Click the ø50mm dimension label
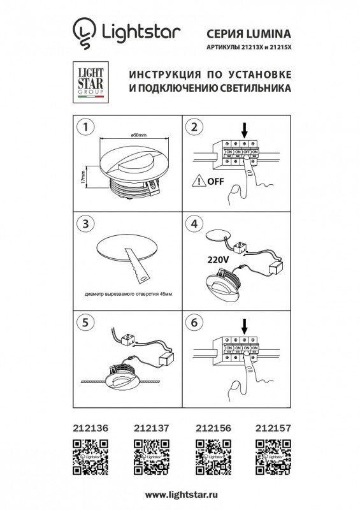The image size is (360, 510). pyautogui.click(x=140, y=135)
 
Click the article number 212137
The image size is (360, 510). pyautogui.click(x=148, y=430)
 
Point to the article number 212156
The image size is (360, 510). pyautogui.click(x=211, y=430)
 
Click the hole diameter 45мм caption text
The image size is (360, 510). pyautogui.click(x=127, y=295)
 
